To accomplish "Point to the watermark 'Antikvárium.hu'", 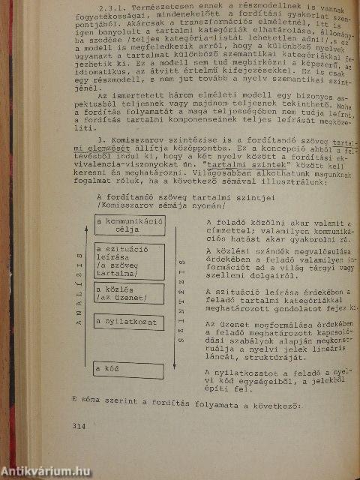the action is click(46, 471).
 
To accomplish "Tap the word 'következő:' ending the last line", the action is click(274, 406).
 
